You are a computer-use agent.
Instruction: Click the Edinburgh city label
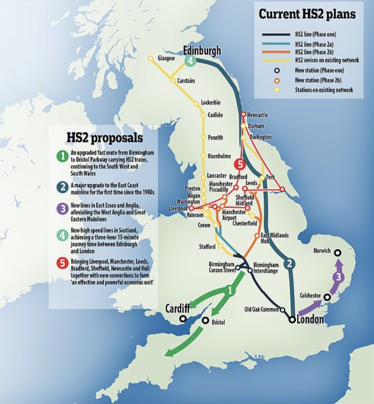pos(202,51)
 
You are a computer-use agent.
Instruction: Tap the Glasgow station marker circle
pos(151,59)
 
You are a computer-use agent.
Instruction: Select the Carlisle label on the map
pos(215,115)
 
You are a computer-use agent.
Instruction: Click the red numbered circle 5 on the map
pos(240,165)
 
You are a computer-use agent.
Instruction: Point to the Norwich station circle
pos(337,252)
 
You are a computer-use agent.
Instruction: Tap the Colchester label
pos(310,295)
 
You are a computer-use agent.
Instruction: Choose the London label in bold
pos(310,319)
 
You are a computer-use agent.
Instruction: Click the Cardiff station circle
pos(183,318)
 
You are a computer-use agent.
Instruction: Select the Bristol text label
pos(218,322)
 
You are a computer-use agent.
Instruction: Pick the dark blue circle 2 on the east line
pos(289,264)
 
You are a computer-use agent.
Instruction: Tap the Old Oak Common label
pos(261,309)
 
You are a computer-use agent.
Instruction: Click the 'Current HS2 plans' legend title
pos(307,14)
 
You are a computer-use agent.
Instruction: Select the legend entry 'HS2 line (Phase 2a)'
pos(314,43)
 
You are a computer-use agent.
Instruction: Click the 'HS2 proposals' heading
pos(105,137)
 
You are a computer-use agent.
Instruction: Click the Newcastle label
pos(258,115)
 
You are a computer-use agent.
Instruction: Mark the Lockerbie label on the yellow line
pos(210,103)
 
